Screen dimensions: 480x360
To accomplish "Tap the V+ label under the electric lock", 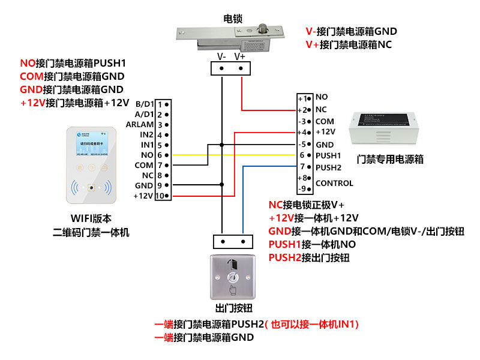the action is point(240,56).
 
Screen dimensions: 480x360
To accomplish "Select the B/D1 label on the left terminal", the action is point(144,104).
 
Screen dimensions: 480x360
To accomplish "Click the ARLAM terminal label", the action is point(140,124).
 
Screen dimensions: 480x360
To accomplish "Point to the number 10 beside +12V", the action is point(160,196).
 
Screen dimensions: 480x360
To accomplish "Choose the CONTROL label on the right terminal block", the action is point(334,183).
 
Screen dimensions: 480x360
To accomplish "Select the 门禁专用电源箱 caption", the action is point(390,160).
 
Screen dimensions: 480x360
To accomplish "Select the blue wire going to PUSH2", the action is point(243,198).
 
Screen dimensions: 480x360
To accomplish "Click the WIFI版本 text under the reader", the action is point(91,219).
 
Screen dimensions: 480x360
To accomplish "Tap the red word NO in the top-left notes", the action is point(28,63).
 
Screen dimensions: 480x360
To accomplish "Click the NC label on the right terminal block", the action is point(321,109).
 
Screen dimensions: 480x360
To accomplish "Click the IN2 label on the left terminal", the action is point(147,134).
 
